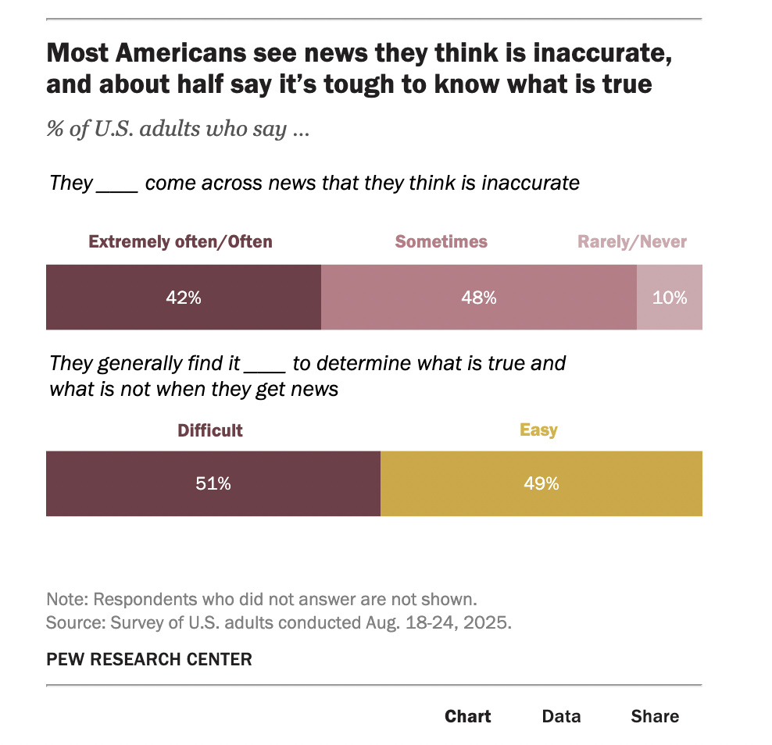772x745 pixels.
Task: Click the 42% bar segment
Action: coord(184,298)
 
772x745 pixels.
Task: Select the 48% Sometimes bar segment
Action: coord(478,298)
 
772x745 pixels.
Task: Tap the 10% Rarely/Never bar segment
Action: coord(670,298)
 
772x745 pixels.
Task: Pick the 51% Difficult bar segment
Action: coord(213,483)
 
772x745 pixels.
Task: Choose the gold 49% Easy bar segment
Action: coord(541,483)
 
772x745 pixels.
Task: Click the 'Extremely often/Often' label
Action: coord(180,241)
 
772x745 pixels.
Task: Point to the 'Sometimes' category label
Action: coord(441,241)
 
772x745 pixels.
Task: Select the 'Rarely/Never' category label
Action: coord(632,241)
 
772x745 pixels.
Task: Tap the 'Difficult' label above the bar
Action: coord(210,430)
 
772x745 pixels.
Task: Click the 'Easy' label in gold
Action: coord(538,430)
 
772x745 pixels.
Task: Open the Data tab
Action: coord(561,716)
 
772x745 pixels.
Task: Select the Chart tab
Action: coord(467,716)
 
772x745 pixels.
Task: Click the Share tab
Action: coord(655,716)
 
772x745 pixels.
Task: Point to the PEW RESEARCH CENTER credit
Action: coord(149,659)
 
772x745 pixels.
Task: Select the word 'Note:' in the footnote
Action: coord(67,600)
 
